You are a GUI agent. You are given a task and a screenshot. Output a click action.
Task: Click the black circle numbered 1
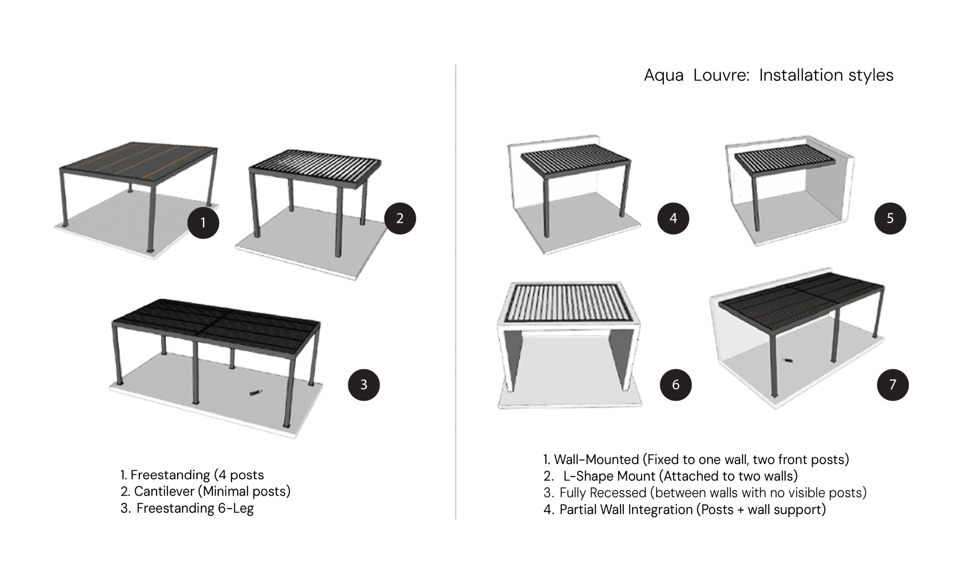(203, 223)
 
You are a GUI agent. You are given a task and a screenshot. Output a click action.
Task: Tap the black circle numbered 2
(400, 218)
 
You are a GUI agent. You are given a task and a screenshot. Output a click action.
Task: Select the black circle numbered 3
(364, 385)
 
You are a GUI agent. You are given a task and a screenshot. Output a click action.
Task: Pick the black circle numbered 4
(673, 218)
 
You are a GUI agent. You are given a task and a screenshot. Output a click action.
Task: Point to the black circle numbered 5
(890, 218)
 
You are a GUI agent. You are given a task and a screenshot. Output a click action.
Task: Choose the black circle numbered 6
(676, 385)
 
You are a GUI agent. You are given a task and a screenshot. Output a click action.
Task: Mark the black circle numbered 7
(893, 385)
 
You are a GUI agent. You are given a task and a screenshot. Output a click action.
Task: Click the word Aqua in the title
(663, 76)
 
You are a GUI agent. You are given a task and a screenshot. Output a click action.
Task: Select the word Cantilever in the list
(164, 491)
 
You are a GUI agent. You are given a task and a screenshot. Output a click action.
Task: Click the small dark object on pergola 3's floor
(256, 392)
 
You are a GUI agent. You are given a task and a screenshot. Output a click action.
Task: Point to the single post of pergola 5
(755, 202)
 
